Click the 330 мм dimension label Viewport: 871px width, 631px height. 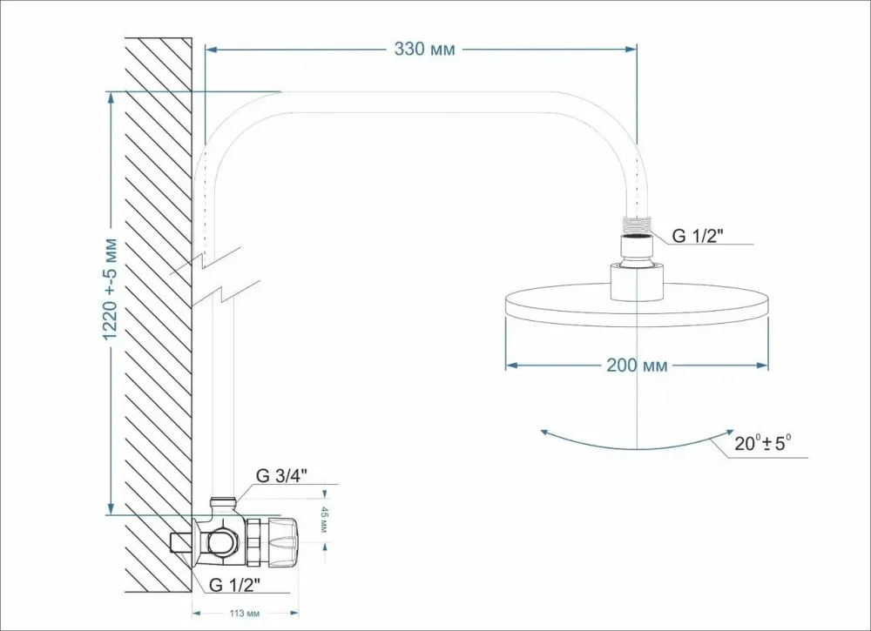click(424, 49)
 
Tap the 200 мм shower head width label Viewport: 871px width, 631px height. click(637, 366)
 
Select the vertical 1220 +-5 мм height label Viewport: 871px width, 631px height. click(110, 289)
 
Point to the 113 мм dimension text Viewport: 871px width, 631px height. click(245, 614)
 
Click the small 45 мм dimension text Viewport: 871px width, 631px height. click(324, 519)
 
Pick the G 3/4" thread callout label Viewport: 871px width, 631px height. click(281, 475)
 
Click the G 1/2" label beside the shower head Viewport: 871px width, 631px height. click(698, 235)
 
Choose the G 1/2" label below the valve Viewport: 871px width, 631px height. click(234, 584)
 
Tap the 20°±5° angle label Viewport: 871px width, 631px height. click(763, 443)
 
